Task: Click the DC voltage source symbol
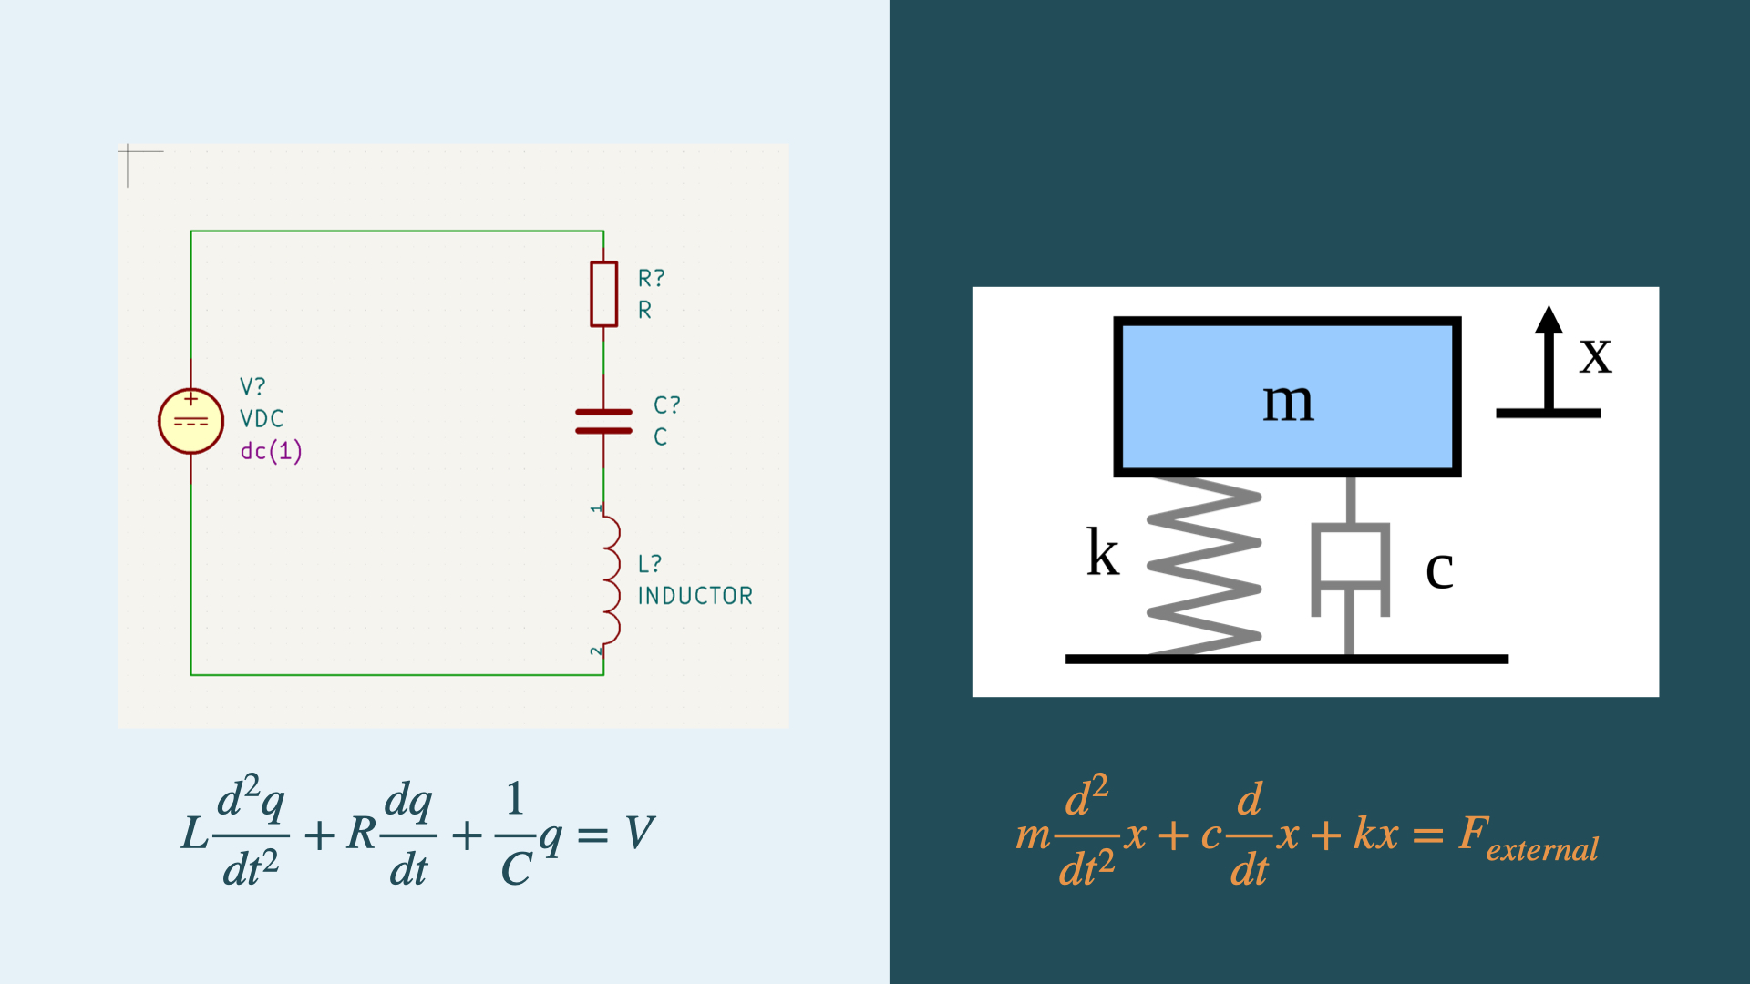(x=190, y=421)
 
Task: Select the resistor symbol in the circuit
(x=603, y=293)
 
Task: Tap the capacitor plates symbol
(x=603, y=421)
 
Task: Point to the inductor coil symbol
(x=609, y=579)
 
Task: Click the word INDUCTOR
(x=695, y=596)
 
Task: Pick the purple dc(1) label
(x=271, y=451)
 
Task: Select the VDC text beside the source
(x=262, y=418)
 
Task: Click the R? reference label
(x=651, y=277)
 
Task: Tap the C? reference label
(x=666, y=405)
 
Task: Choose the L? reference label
(x=649, y=564)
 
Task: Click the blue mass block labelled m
(x=1287, y=397)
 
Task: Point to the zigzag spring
(x=1203, y=565)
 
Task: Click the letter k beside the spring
(x=1102, y=553)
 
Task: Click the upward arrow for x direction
(x=1548, y=360)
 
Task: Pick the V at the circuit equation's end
(x=640, y=832)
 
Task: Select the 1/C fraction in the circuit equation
(x=515, y=834)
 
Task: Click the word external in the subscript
(x=1542, y=849)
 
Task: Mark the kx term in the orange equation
(x=1375, y=833)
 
